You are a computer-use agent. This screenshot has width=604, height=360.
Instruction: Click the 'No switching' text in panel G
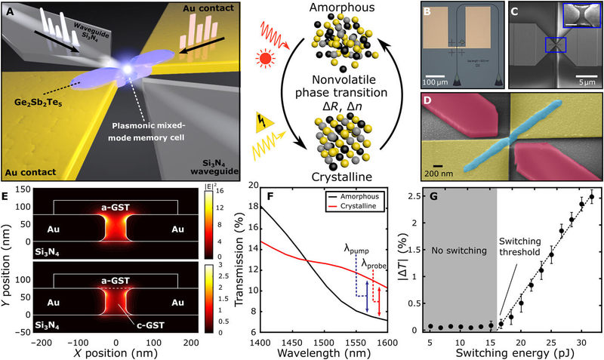point(458,250)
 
